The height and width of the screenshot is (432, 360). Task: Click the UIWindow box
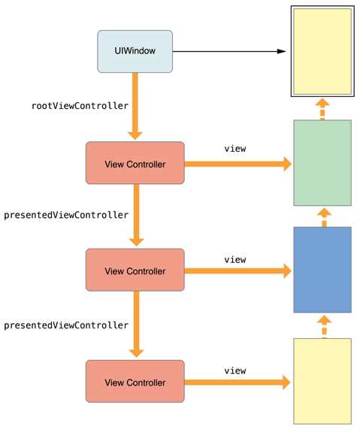pos(135,52)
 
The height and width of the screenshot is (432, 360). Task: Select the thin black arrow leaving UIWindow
pos(229,51)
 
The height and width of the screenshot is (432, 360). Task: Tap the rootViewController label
pos(80,106)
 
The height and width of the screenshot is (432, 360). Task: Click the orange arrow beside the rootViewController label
pos(135,107)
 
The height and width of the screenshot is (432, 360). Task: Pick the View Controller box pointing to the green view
pos(135,163)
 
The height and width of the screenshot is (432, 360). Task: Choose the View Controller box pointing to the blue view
pos(135,270)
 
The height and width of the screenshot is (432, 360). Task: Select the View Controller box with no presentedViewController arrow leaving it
pos(135,381)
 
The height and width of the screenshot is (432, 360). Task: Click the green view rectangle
pos(322,163)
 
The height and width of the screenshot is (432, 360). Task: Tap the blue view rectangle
pos(322,270)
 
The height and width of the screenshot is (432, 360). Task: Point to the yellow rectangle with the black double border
pos(322,51)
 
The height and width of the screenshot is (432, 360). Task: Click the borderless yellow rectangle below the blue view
pos(322,381)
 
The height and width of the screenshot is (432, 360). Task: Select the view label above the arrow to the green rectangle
pos(235,149)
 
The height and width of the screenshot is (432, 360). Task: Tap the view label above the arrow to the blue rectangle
pos(235,260)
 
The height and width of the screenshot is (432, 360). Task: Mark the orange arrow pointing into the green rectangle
pos(238,164)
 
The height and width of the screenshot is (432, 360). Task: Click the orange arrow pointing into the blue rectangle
pos(238,270)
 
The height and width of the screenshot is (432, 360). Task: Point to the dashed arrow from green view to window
pos(322,109)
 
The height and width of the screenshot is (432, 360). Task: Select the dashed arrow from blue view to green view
pos(324,217)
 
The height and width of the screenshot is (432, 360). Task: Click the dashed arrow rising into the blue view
pos(324,327)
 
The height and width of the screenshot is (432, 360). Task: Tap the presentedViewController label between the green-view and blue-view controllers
pos(66,215)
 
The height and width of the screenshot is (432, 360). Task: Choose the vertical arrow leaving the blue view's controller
pos(137,325)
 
